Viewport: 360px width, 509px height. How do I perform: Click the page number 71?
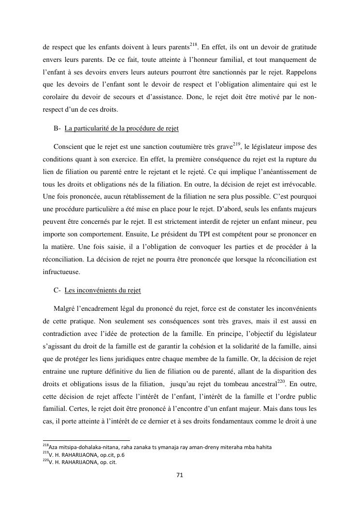click(x=179, y=475)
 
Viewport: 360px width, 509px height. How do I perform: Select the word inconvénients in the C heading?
click(x=92, y=291)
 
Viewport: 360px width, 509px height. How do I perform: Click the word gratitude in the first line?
click(x=300, y=47)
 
